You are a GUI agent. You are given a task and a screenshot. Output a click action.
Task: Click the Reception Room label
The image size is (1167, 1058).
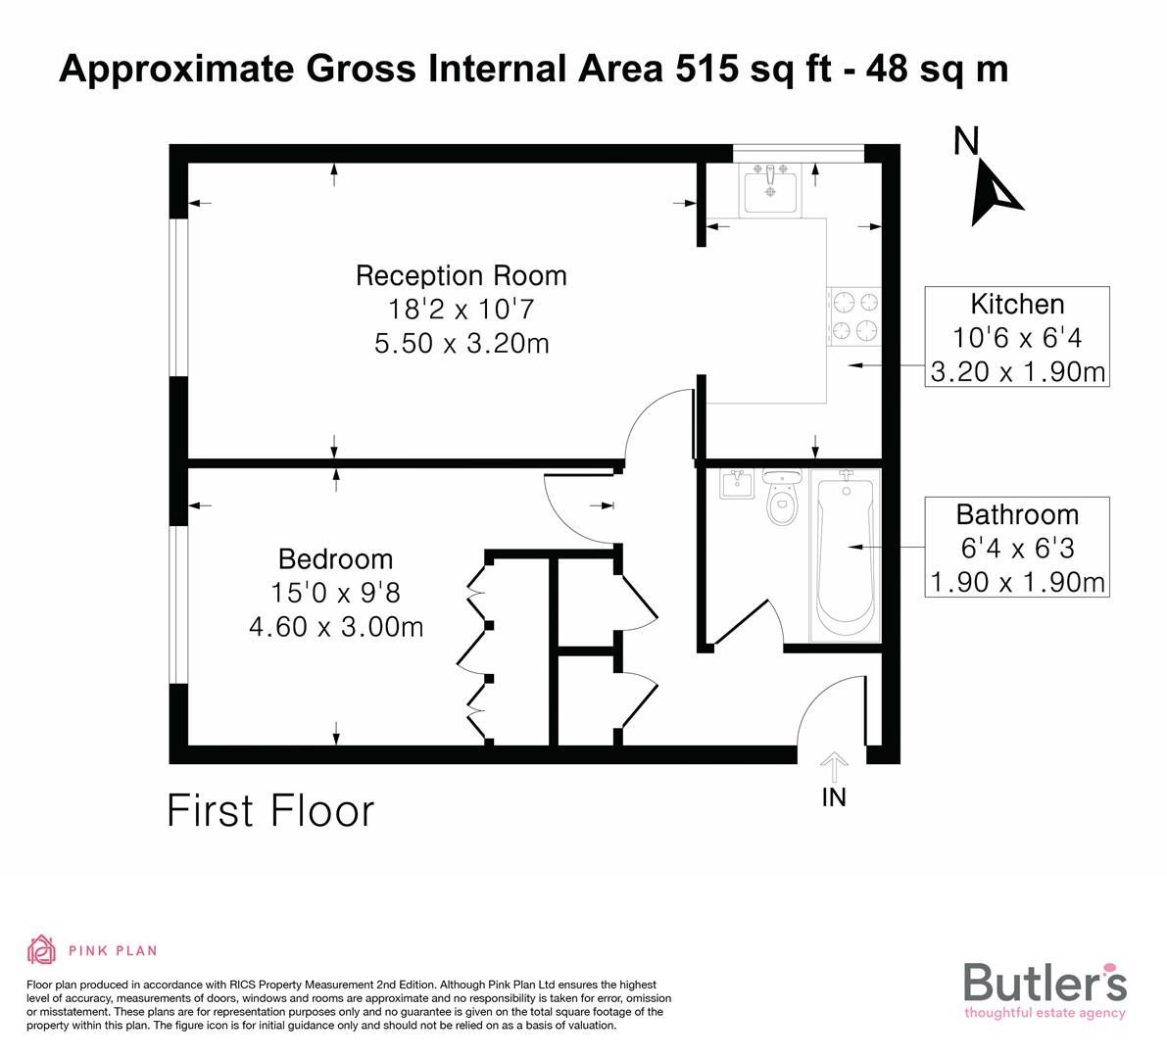point(461,276)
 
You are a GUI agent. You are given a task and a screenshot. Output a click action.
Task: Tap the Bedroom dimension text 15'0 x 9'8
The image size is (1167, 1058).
point(336,593)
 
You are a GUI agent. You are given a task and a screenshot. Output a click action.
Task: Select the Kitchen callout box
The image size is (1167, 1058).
point(1016,337)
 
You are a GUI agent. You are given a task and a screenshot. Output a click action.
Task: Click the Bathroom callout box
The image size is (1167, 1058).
point(1016,548)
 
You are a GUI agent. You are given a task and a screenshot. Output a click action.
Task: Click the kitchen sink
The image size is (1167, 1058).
point(770,190)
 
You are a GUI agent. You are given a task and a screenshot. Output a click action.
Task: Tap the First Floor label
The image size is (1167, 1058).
point(270,812)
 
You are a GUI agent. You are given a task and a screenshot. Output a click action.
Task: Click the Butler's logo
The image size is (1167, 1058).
point(1045,988)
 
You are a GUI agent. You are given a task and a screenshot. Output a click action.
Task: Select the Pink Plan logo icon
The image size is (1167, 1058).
point(42,949)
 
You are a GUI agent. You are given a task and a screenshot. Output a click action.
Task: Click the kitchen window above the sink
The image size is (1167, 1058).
point(798,151)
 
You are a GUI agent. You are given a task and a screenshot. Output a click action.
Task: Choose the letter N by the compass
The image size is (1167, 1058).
point(966,143)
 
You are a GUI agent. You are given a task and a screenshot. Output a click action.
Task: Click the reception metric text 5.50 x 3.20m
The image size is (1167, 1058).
point(461,344)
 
